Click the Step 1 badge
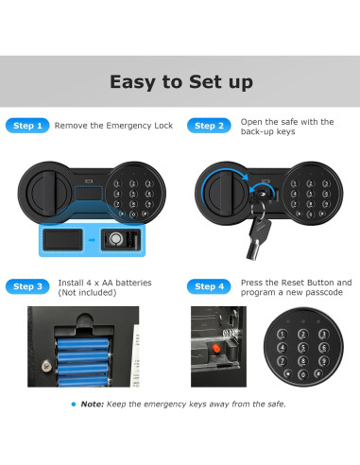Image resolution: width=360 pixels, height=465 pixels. [x=27, y=126]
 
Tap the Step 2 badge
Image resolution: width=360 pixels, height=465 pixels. [x=209, y=126]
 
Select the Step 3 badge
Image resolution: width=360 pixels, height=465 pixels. [x=27, y=286]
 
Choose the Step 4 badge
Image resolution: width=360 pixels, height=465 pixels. [x=209, y=286]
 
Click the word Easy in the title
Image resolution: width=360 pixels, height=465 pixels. [x=132, y=82]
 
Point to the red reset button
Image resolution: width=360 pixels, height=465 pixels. [x=216, y=349]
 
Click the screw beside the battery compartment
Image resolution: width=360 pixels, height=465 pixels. [x=46, y=366]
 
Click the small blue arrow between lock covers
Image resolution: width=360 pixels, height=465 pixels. [x=92, y=240]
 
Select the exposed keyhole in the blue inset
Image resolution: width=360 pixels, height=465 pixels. [x=116, y=239]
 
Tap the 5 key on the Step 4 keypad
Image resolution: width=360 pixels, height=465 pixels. [x=303, y=348]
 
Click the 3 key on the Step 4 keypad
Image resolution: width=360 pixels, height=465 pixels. [x=323, y=335]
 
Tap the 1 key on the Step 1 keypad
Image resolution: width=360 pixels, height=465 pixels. [x=117, y=184]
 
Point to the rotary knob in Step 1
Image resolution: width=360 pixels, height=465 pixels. [x=46, y=193]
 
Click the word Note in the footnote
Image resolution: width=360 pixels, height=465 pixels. [x=93, y=405]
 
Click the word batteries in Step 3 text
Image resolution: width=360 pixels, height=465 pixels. [x=135, y=283]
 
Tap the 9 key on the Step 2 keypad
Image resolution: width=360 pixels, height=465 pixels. [x=326, y=204]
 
